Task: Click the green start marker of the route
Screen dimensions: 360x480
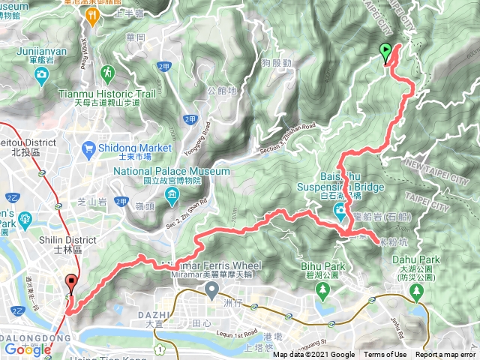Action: pos(385,52)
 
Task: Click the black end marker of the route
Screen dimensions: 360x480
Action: pos(72,283)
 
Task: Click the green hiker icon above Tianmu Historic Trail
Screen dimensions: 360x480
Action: pos(108,73)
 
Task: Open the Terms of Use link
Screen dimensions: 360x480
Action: pos(385,355)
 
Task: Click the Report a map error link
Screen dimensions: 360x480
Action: pos(445,355)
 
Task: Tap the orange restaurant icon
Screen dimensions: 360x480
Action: pos(93,14)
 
